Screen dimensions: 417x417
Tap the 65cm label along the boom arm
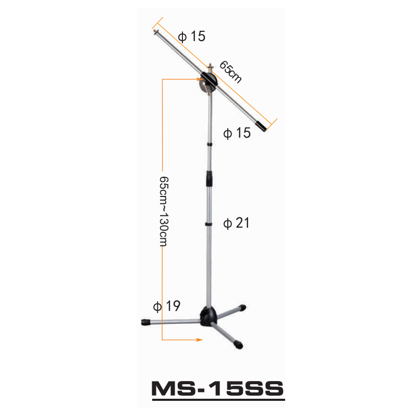tap(230, 71)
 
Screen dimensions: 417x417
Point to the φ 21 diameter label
tap(237, 223)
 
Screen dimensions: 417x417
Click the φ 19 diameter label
tap(166, 306)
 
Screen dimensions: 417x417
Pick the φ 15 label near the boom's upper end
tap(191, 36)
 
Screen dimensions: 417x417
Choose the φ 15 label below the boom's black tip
tap(237, 133)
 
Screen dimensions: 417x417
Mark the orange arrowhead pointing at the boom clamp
tap(200, 79)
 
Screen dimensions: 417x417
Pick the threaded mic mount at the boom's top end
tap(157, 32)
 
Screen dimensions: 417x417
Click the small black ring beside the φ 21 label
tap(208, 224)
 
